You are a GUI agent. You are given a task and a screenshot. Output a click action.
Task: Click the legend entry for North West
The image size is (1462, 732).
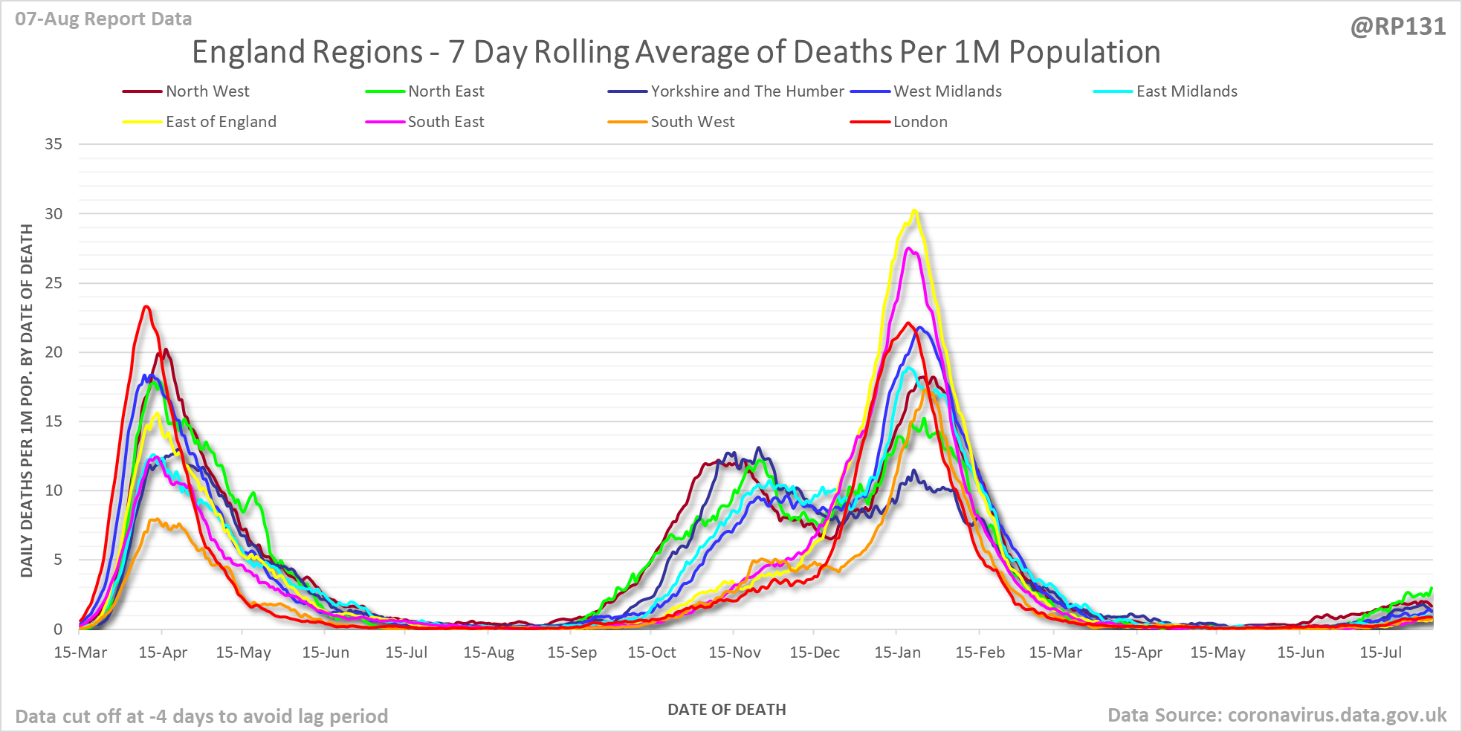(x=186, y=91)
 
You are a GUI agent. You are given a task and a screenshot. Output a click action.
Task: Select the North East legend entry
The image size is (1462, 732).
(x=424, y=91)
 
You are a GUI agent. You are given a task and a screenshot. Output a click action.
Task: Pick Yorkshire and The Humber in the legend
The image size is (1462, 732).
(x=725, y=91)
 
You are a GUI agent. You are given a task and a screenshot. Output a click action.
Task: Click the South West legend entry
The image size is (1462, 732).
(x=671, y=122)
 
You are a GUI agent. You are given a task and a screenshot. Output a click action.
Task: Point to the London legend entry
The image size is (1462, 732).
(x=899, y=122)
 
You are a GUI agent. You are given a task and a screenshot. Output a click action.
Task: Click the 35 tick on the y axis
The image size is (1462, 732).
(x=54, y=144)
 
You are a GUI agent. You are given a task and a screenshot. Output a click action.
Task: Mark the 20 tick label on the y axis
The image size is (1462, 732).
(x=54, y=352)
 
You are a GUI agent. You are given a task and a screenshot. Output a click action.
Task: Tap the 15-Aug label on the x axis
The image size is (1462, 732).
(x=488, y=652)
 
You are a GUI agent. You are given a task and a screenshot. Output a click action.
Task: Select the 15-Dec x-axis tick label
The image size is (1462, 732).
(x=815, y=652)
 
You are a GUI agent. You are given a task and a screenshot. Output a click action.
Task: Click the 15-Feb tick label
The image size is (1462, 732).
(x=980, y=652)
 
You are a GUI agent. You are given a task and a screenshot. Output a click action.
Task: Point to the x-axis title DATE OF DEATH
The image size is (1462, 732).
(x=727, y=710)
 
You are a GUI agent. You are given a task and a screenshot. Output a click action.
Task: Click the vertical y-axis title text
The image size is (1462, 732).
(x=27, y=401)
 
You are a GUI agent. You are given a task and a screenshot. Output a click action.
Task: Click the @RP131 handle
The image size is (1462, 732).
(x=1398, y=27)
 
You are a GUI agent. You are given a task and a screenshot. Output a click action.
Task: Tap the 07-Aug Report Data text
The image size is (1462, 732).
(x=103, y=19)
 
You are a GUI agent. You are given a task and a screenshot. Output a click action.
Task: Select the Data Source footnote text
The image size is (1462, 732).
(x=1277, y=715)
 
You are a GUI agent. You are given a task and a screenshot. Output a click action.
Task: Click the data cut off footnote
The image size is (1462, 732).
(x=201, y=716)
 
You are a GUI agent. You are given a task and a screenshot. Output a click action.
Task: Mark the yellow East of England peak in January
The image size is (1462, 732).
(x=915, y=210)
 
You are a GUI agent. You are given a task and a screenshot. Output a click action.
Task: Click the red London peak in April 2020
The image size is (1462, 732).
(x=146, y=306)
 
